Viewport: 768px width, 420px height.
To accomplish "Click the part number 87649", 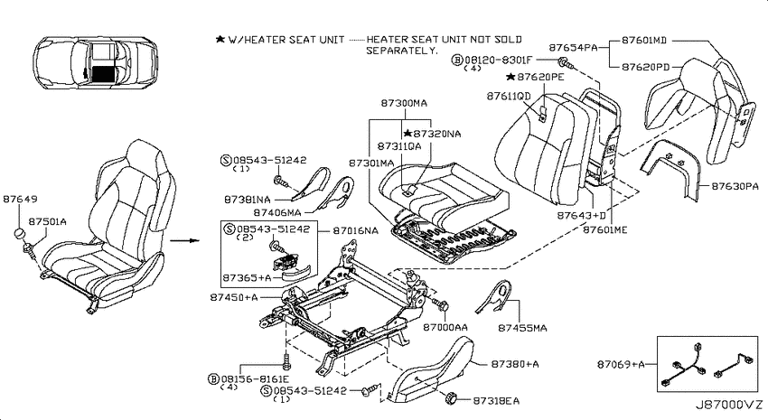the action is pyautogui.click(x=20, y=200).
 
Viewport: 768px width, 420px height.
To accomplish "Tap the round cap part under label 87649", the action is pyautogui.click(x=20, y=233).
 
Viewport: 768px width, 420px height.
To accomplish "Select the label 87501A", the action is pyautogui.click(x=48, y=222).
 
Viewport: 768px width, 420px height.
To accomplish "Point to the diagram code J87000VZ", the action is pyautogui.click(x=729, y=406).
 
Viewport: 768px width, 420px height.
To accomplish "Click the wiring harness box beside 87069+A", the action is pyautogui.click(x=707, y=364).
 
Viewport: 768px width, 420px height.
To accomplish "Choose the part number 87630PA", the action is pyautogui.click(x=735, y=186).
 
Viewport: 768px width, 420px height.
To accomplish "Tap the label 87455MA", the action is pyautogui.click(x=522, y=328).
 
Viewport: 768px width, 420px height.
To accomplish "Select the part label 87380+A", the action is pyautogui.click(x=515, y=364).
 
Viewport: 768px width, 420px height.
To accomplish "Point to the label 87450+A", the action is pyautogui.click(x=234, y=297).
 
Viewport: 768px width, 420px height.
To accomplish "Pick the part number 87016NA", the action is pyautogui.click(x=356, y=230).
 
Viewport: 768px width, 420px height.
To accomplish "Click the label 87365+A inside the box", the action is pyautogui.click(x=247, y=278).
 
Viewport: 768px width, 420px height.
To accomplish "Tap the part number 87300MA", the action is pyautogui.click(x=404, y=103).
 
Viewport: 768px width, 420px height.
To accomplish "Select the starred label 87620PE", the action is pyautogui.click(x=536, y=77).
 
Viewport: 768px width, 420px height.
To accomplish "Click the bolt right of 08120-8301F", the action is pyautogui.click(x=564, y=62).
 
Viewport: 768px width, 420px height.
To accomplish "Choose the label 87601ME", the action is pyautogui.click(x=604, y=229).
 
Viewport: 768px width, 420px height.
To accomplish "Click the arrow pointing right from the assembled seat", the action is pyautogui.click(x=185, y=241).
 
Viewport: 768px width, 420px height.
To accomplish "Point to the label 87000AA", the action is pyautogui.click(x=445, y=327).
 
